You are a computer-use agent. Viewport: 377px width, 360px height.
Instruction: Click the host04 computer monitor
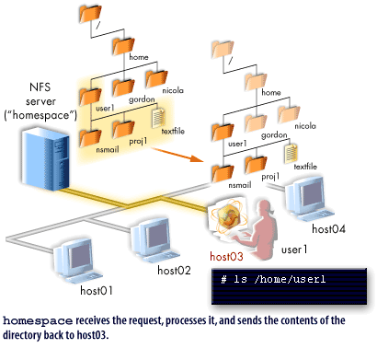(x=303, y=195)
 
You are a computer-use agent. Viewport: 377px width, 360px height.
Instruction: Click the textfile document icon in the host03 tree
(x=291, y=151)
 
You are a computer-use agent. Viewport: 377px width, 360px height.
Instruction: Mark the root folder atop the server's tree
(x=88, y=16)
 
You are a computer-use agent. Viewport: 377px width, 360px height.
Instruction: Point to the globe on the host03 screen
(x=224, y=217)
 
